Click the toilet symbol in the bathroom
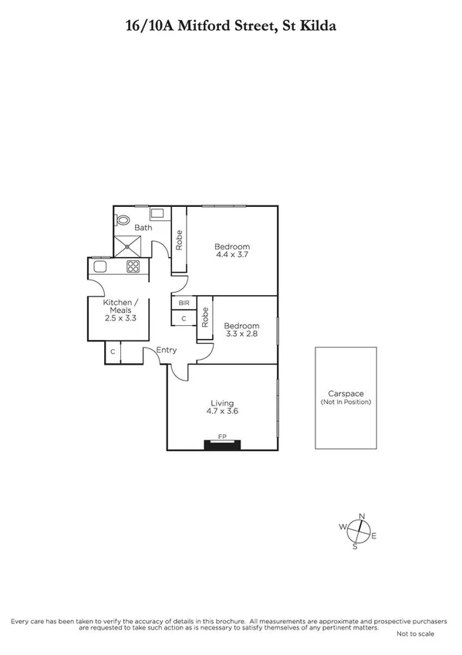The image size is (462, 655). [x=122, y=219]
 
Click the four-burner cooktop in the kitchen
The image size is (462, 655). [x=133, y=267]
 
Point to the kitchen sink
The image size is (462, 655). [x=100, y=267]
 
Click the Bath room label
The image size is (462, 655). [x=143, y=228]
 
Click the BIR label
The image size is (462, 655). [x=184, y=304]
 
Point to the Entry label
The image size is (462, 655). [x=166, y=350]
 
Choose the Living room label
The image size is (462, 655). [x=222, y=402]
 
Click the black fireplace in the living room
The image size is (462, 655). [x=222, y=443]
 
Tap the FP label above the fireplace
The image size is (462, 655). [x=222, y=436]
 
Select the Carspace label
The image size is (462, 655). [x=346, y=393]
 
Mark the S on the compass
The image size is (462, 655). [x=355, y=547]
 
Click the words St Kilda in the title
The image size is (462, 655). [x=309, y=25]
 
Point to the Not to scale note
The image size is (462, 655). [x=415, y=633]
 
